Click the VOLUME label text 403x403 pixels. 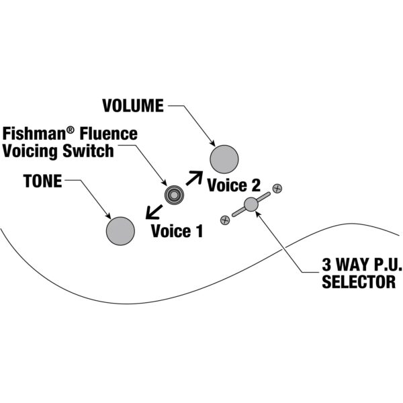[x=132, y=106]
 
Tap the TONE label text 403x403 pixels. [x=42, y=181]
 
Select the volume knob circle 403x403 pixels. [x=224, y=159]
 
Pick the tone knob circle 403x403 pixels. [x=120, y=230]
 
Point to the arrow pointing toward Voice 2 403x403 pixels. [x=193, y=178]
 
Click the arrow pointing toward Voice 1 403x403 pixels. [x=152, y=212]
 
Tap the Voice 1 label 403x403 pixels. [x=177, y=232]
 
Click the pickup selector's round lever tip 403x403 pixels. [x=251, y=204]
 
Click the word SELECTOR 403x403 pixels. [x=359, y=282]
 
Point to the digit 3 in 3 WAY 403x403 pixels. [x=326, y=264]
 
